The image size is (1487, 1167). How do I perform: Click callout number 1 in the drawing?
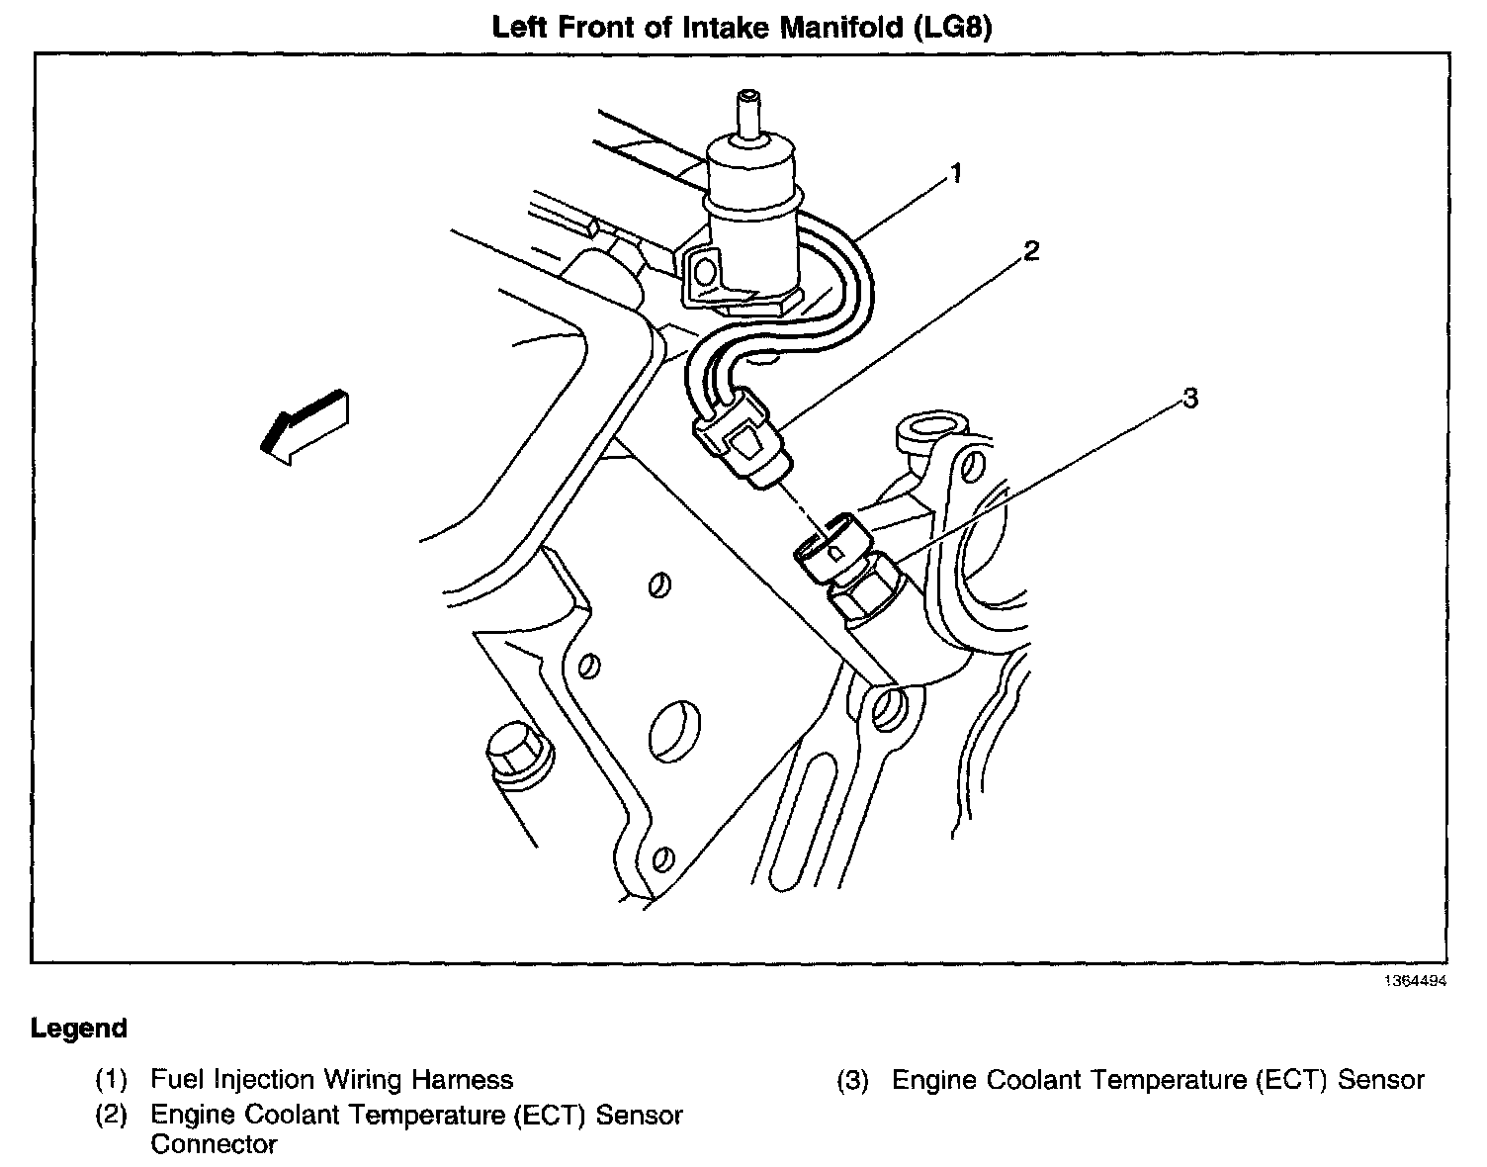(955, 175)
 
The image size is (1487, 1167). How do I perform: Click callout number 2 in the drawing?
(1031, 251)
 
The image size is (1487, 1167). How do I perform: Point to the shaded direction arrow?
(303, 425)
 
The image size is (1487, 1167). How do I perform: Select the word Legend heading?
(79, 1029)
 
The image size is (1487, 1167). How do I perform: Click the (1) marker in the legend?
(112, 1080)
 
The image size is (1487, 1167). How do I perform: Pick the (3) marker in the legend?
(852, 1080)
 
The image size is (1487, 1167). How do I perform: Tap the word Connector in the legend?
(214, 1145)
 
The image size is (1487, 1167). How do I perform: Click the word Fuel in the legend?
(177, 1080)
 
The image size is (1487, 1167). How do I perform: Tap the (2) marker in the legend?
(112, 1116)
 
